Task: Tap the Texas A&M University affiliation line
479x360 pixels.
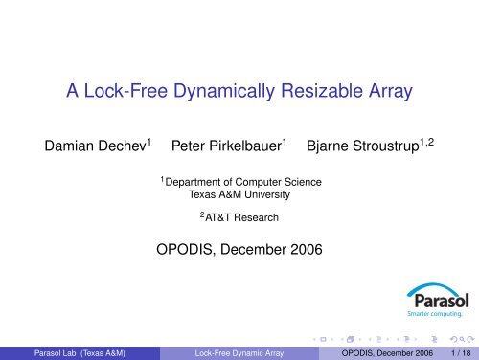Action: pyautogui.click(x=240, y=196)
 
